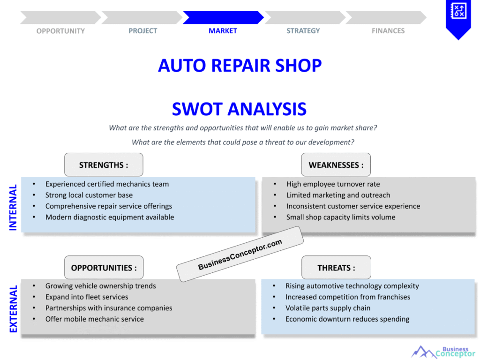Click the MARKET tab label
[223, 31]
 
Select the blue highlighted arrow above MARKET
[223, 17]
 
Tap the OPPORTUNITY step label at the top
[60, 31]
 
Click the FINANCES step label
[388, 31]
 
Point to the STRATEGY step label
[303, 31]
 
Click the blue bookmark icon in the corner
[458, 16]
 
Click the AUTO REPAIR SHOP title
[240, 65]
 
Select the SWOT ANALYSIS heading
[239, 109]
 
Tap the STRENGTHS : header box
[104, 165]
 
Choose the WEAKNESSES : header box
[336, 165]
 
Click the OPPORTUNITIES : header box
[104, 268]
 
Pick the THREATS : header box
[336, 268]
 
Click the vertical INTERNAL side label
[13, 207]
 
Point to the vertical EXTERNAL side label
[13, 309]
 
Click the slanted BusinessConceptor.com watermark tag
[240, 255]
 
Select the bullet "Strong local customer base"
[89, 195]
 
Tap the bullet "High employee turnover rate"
[333, 184]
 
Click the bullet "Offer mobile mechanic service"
[94, 319]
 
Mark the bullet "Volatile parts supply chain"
[328, 308]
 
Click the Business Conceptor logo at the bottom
[443, 352]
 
